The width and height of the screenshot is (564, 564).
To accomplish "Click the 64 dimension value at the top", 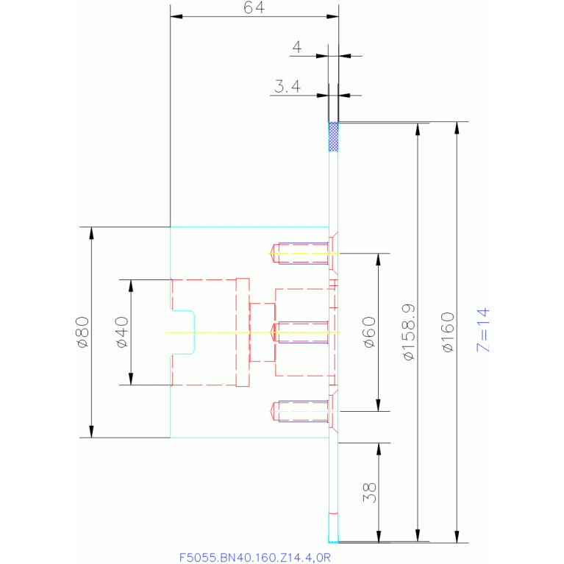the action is coord(254,7).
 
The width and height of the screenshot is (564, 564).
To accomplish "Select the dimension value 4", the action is coord(296,48).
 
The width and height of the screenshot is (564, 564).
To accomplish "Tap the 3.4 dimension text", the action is coord(287,88).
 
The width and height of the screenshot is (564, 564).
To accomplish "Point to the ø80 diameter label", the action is coord(82,332).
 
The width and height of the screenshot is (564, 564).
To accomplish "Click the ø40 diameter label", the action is coord(122,332).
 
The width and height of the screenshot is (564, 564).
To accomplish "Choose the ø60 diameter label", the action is coord(368,332).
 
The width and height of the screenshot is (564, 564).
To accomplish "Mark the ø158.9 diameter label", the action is coord(410,332).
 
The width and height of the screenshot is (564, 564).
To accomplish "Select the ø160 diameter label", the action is coord(449,332).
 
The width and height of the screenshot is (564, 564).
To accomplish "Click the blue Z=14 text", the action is coord(483,330).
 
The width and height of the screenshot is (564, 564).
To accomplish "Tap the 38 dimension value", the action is coord(369,492).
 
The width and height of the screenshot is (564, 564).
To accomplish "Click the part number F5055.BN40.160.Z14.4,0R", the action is coord(255,557).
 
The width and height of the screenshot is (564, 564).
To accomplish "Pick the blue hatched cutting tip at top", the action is coord(333,137).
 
